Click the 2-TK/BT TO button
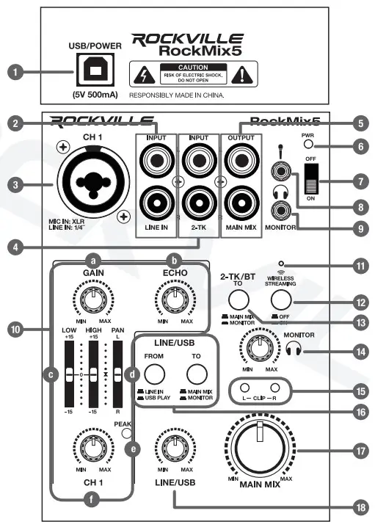[237, 300]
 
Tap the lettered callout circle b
[175, 260]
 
